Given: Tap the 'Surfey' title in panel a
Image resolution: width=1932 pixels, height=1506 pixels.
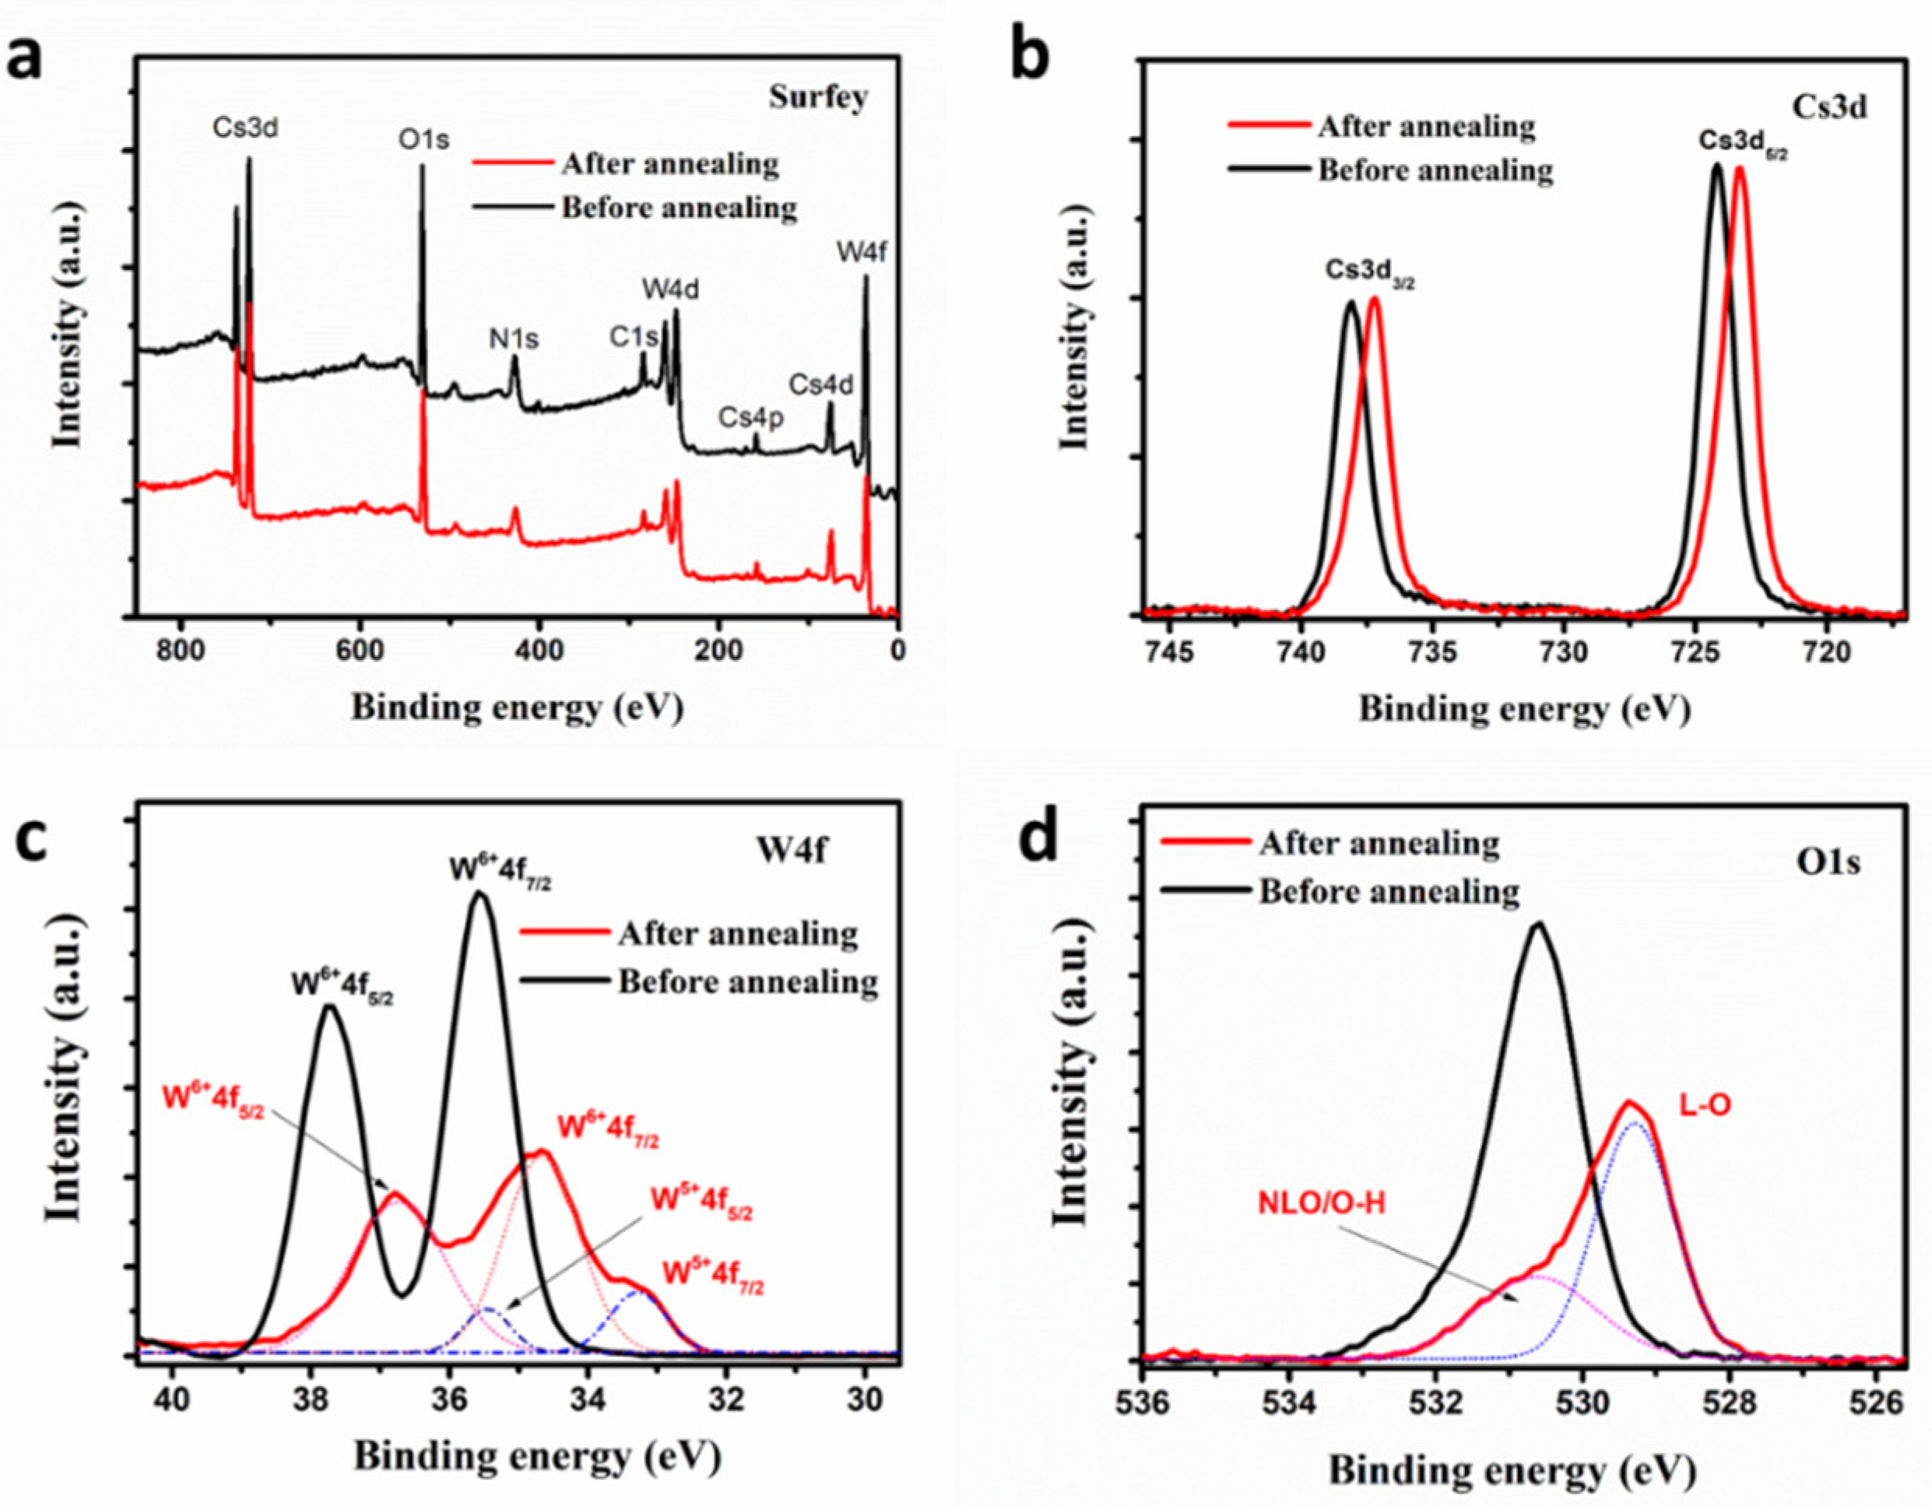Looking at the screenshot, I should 817,97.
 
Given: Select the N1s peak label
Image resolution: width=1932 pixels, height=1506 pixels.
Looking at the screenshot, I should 514,339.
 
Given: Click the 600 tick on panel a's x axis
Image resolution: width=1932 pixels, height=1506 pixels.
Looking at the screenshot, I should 360,649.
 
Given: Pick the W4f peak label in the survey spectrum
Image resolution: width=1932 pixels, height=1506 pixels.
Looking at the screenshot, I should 862,254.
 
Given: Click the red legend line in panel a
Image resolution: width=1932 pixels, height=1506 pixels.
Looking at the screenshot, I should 511,164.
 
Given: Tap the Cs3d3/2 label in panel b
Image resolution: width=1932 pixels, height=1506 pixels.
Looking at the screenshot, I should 1369,271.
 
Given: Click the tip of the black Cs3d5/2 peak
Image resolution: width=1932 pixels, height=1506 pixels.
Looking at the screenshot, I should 1717,164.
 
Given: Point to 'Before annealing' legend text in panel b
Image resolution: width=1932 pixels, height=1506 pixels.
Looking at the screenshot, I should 1435,170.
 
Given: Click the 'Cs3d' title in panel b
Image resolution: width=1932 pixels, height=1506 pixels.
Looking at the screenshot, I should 1829,106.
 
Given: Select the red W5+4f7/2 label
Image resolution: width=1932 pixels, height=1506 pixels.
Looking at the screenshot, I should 713,1277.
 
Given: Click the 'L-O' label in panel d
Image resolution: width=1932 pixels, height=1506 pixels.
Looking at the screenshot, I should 1705,1104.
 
